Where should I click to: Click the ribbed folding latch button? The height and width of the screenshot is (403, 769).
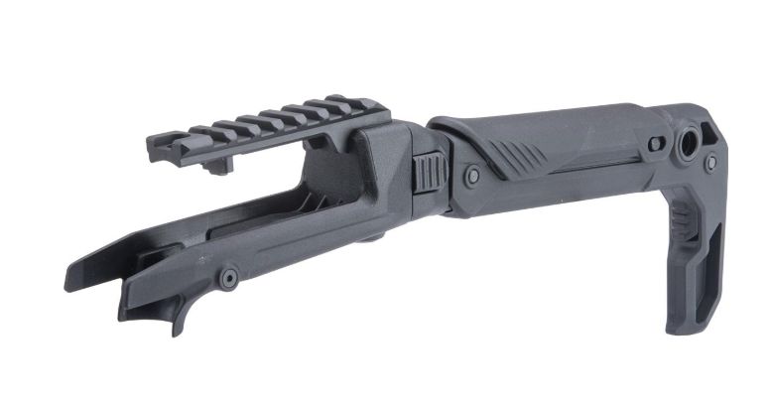(428, 173)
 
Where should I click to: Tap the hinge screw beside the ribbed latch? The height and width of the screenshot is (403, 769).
(472, 176)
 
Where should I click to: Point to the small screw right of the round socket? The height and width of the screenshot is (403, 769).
(710, 162)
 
